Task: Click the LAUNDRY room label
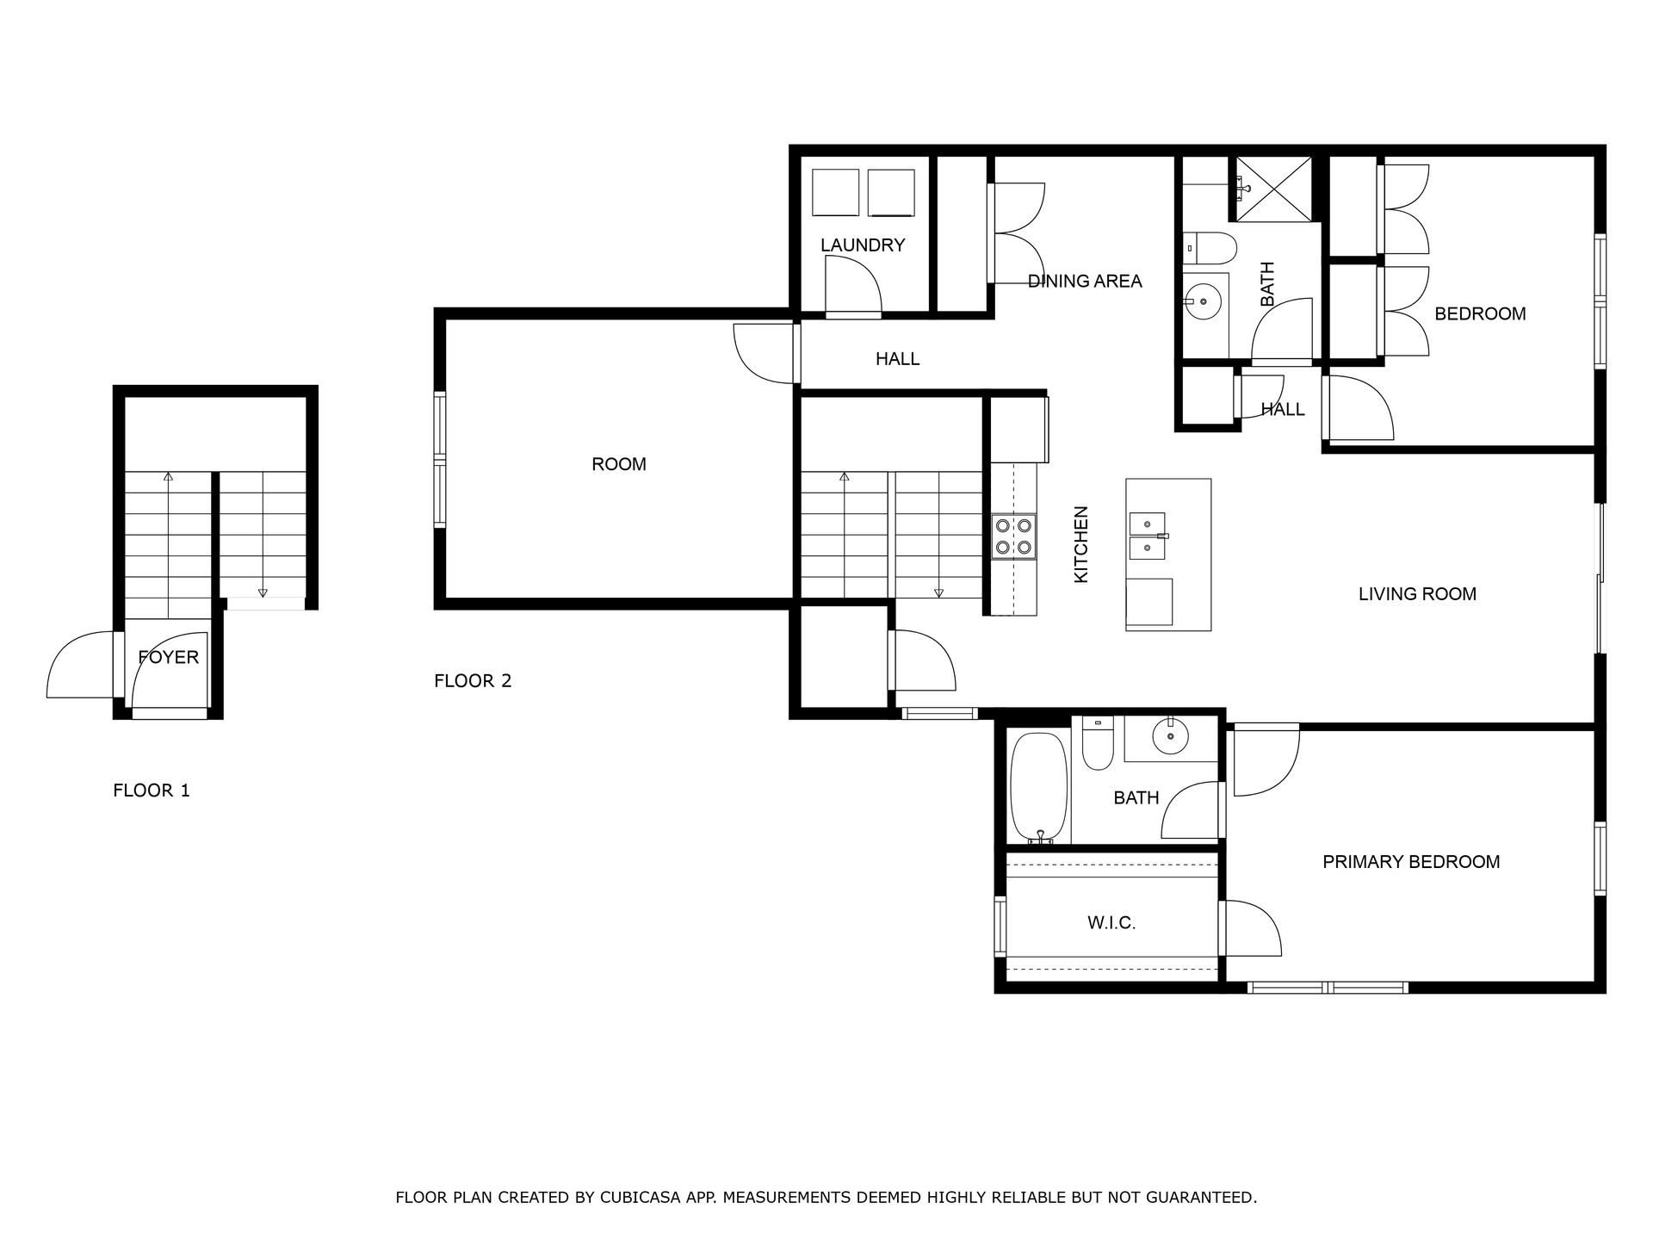pyautogui.click(x=862, y=245)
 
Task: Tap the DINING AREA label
pyautogui.click(x=1085, y=281)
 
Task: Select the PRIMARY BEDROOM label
pyautogui.click(x=1411, y=862)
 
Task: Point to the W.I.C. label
pyautogui.click(x=1111, y=923)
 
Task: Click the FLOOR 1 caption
pyautogui.click(x=152, y=790)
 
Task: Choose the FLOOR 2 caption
pyautogui.click(x=473, y=681)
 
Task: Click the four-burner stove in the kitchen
pyautogui.click(x=1013, y=536)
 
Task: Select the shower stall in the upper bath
pyautogui.click(x=1274, y=189)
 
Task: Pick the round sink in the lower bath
pyautogui.click(x=1171, y=737)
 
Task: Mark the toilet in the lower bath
pyautogui.click(x=1098, y=742)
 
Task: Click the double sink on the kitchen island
pyautogui.click(x=1148, y=536)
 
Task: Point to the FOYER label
pyautogui.click(x=169, y=658)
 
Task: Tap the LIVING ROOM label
pyautogui.click(x=1417, y=594)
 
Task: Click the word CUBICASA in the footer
pyautogui.click(x=637, y=1198)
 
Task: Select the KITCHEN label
pyautogui.click(x=1082, y=544)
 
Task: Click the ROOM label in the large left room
pyautogui.click(x=619, y=465)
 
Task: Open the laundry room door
pyautogui.click(x=852, y=288)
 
